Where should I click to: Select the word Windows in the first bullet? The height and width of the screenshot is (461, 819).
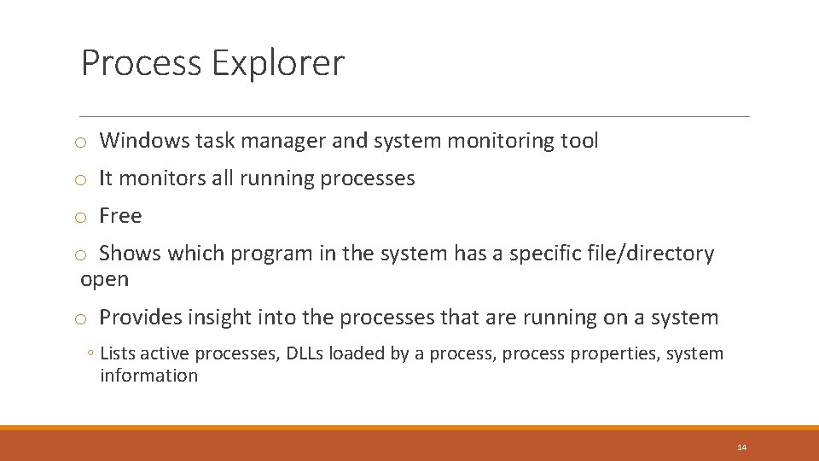[x=143, y=141]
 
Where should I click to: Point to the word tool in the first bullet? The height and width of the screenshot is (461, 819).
[x=580, y=141]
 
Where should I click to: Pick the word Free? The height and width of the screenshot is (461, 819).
[x=120, y=216]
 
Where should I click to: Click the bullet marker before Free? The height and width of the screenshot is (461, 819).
[x=78, y=217]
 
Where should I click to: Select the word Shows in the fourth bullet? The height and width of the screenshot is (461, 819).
[x=131, y=254]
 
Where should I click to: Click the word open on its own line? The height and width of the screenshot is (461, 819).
[x=104, y=279]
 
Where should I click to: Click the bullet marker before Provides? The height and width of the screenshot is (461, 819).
[x=78, y=318]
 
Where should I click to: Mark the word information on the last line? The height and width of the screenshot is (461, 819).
[x=148, y=376]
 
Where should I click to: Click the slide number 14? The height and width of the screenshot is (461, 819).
[x=741, y=447]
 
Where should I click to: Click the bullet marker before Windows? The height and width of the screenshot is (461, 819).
[x=78, y=142]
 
